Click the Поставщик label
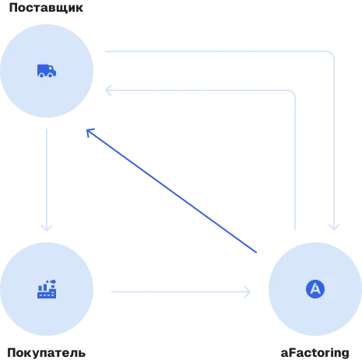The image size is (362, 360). click(46, 8)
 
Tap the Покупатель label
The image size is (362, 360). click(46, 352)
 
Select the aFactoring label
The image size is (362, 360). click(315, 353)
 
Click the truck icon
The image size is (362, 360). click(47, 71)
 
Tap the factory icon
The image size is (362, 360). click(47, 289)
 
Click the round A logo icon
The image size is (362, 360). click(315, 289)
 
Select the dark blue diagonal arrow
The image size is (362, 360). click(171, 191)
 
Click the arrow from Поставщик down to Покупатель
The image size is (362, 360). click(47, 180)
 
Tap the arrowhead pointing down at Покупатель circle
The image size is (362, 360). click(47, 228)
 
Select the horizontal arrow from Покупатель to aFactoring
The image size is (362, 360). click(181, 291)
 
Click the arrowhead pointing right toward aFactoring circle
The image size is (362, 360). click(248, 291)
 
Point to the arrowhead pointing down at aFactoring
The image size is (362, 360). click(334, 228)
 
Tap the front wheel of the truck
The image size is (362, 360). click(51, 76)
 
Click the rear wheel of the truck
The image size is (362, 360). click(41, 76)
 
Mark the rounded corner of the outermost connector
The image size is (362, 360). click(332, 54)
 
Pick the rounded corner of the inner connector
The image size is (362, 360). click(293, 93)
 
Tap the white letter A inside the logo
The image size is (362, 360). click(315, 288)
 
